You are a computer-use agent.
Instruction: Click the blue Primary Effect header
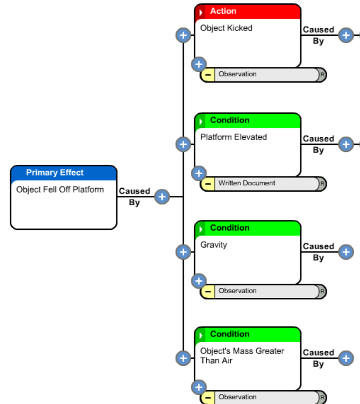pos(63,173)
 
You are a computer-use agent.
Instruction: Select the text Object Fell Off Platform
pos(60,190)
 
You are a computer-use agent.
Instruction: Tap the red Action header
pos(248,11)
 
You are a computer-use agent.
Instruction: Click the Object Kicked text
pos(226,28)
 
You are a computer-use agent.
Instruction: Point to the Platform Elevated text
pos(234,137)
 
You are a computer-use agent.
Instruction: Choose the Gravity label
pos(214,245)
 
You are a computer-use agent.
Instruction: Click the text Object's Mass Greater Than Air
pos(242,356)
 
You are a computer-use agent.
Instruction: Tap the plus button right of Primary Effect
pos(162,197)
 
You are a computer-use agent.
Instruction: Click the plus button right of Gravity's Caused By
pos(346,252)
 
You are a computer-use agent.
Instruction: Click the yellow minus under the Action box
pos(207,75)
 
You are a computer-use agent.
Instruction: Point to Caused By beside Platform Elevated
pos(318,144)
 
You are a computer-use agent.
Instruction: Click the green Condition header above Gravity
pos(248,228)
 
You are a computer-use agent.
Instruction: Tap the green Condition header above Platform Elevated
pos(248,120)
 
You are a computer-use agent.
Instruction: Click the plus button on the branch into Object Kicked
pos(183,35)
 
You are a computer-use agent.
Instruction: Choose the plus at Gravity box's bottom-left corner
pos(199,281)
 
